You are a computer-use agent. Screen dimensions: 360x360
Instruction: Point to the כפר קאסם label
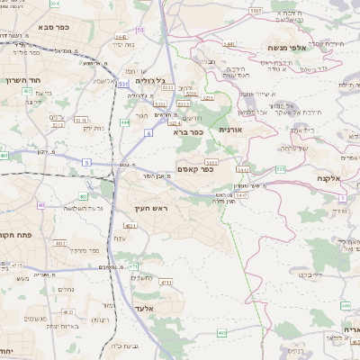click(x=195, y=167)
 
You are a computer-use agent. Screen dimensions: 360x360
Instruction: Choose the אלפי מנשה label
click(x=287, y=47)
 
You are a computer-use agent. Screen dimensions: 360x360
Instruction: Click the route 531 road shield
click(x=121, y=83)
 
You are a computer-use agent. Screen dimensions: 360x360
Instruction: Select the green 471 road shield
click(x=132, y=266)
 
